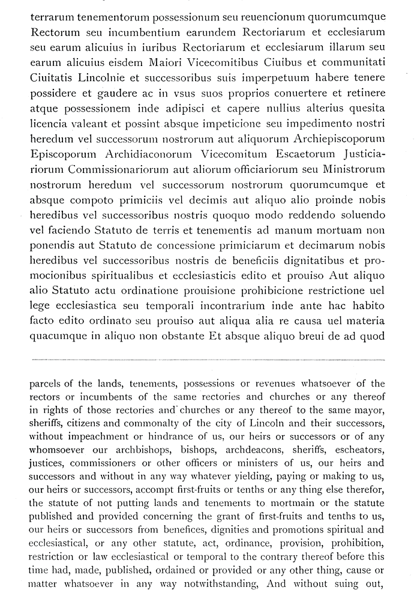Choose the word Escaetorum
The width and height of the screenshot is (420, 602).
307,153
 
